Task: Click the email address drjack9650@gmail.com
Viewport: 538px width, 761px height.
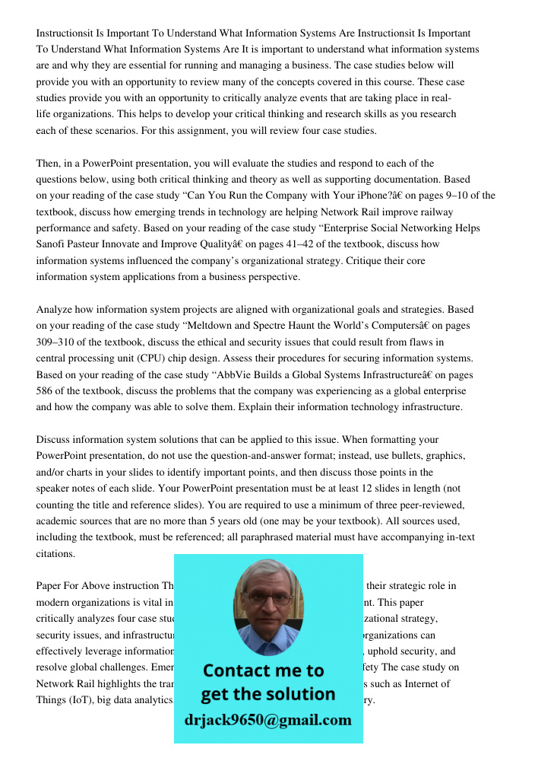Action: (267, 720)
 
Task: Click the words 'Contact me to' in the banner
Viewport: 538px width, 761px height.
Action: (263, 670)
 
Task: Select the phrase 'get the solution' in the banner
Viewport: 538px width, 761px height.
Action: (267, 694)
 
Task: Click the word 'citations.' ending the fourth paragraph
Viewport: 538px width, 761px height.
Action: (55, 554)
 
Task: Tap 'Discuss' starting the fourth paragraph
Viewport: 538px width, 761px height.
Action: (55, 440)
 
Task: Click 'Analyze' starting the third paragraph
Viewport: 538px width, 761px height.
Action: (55, 310)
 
